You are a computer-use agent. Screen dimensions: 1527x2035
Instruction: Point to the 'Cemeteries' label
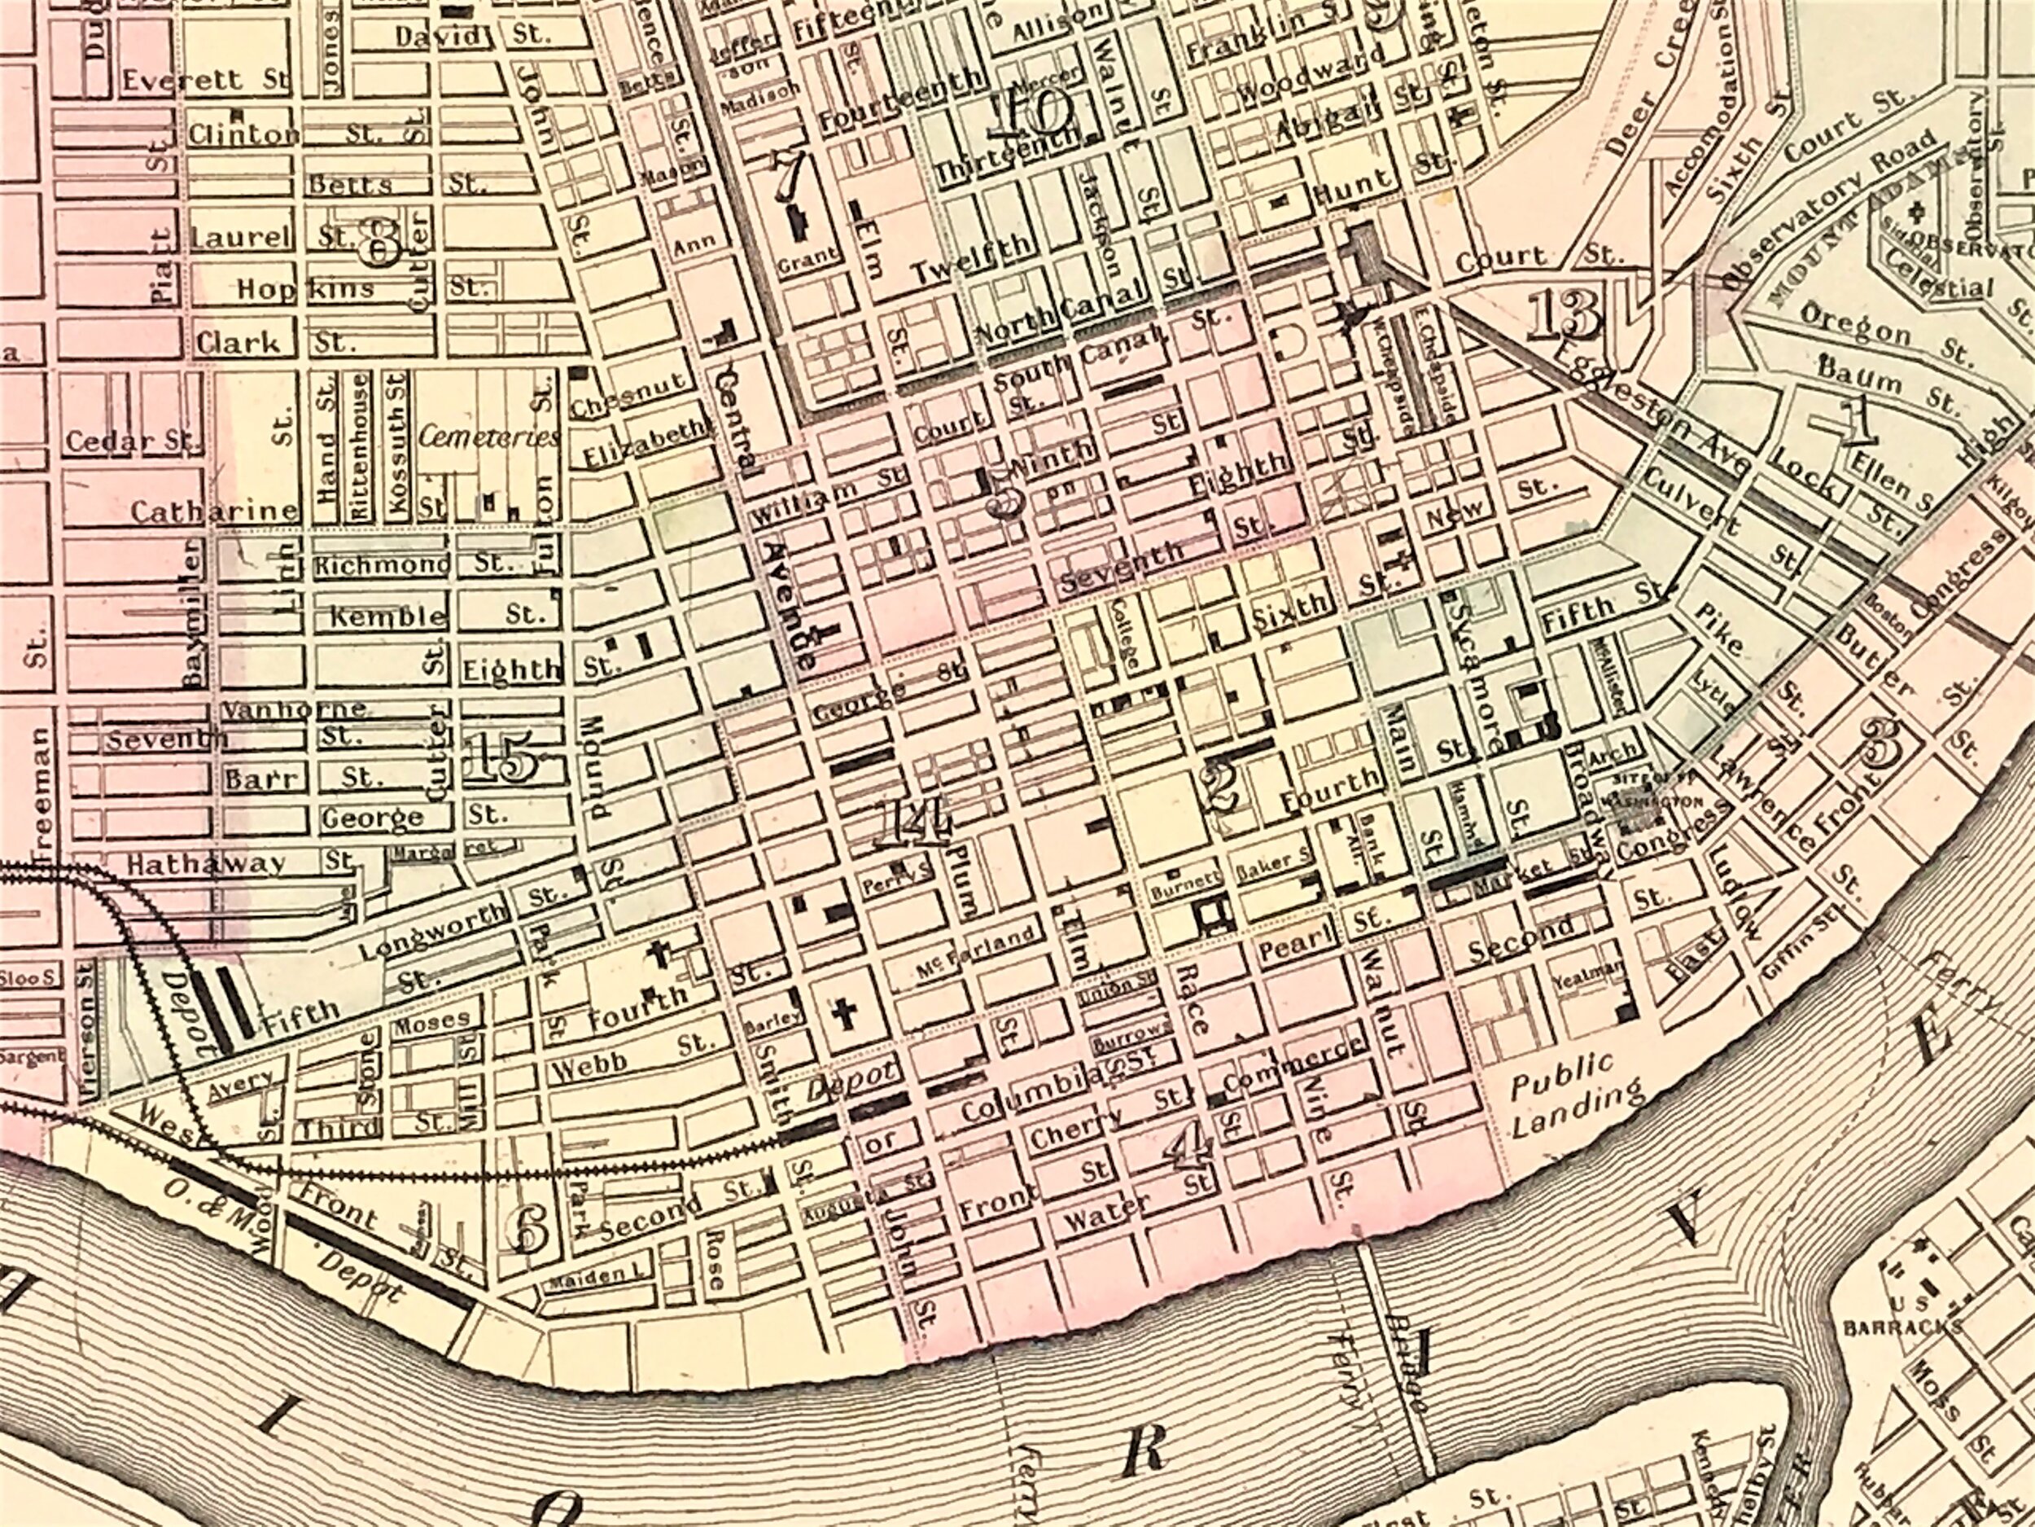488,437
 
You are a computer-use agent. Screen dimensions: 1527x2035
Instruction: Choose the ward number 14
913,822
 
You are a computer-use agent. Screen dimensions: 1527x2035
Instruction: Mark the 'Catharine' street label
213,511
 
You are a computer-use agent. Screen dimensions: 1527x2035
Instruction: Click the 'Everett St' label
204,80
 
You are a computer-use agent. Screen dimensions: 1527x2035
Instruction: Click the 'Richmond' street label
382,564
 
